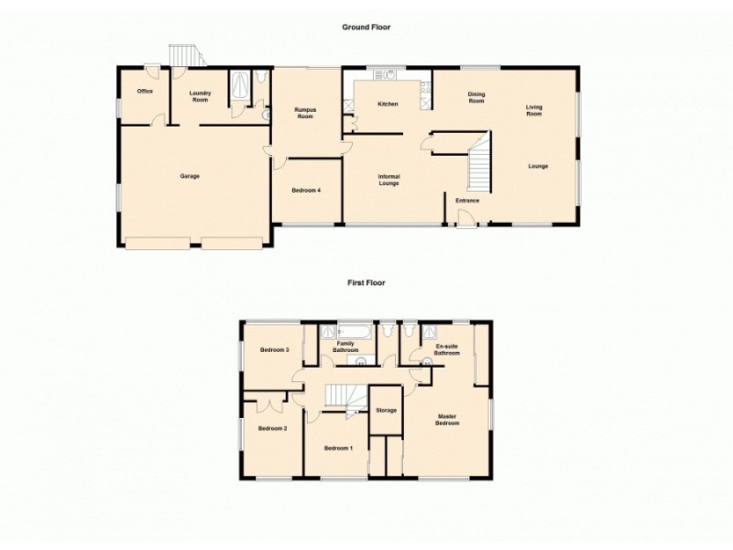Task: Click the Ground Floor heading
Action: point(366,27)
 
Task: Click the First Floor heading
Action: point(366,283)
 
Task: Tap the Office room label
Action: point(144,92)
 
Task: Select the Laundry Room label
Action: point(201,96)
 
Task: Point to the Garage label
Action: point(190,176)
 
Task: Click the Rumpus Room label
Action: point(304,114)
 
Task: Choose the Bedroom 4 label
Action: point(306,190)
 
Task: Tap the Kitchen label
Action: point(388,104)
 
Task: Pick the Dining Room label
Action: point(476,97)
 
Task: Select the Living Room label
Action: point(534,111)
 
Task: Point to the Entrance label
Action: point(467,201)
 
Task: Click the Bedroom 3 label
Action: point(274,350)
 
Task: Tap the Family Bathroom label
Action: point(345,346)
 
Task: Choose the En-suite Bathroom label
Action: point(446,349)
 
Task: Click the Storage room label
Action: point(386,410)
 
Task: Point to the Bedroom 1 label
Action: point(338,447)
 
